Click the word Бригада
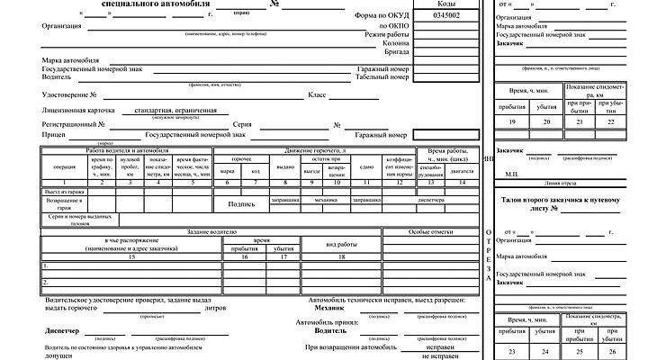[397, 51]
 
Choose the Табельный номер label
[382, 76]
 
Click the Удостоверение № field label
[69, 94]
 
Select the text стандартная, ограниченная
[176, 110]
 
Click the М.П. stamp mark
[514, 173]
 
